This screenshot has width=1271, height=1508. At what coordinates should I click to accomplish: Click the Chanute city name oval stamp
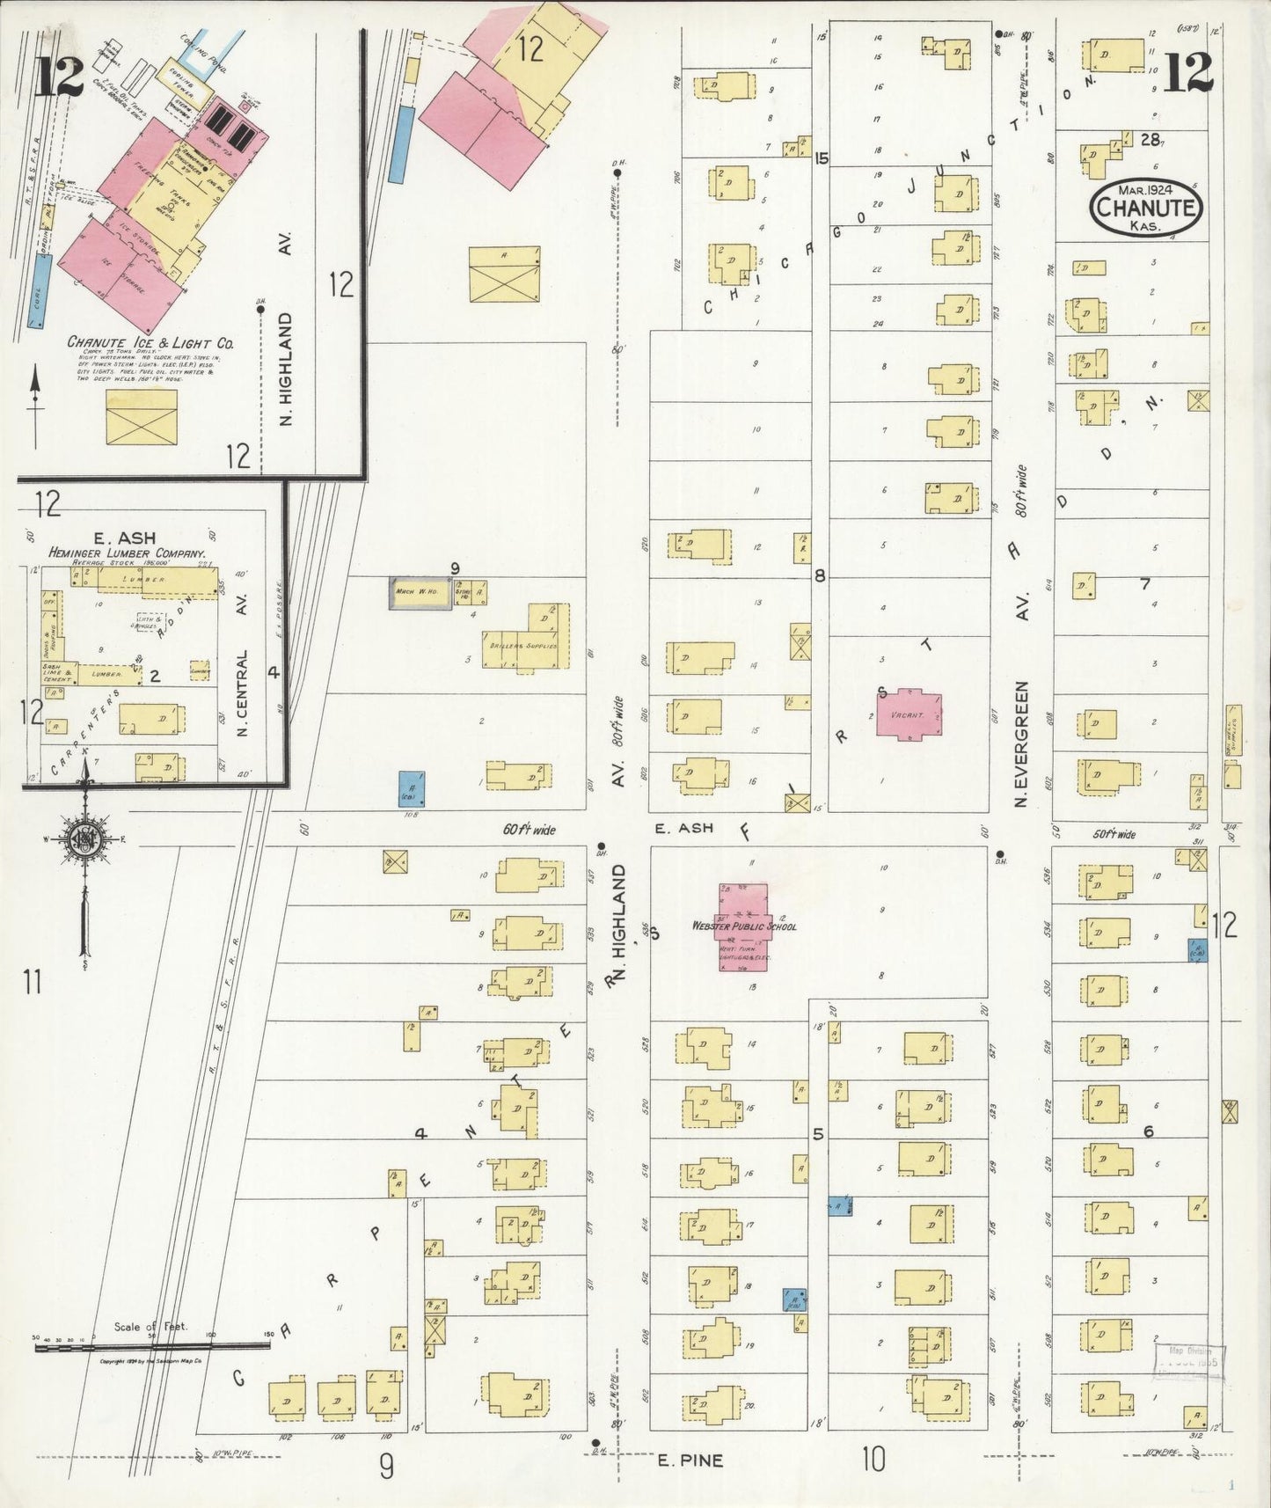1146,208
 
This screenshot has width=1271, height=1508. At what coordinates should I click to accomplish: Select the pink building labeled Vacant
909,714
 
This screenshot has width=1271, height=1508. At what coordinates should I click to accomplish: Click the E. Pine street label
690,1461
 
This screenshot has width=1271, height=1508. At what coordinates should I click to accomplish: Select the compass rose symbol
85,838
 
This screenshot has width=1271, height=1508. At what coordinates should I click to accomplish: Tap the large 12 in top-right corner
1187,72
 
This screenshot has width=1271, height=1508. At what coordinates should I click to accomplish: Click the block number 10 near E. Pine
873,1460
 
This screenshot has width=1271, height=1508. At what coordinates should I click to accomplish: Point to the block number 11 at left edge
33,981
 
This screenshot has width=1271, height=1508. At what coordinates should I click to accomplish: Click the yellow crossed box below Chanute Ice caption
142,417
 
